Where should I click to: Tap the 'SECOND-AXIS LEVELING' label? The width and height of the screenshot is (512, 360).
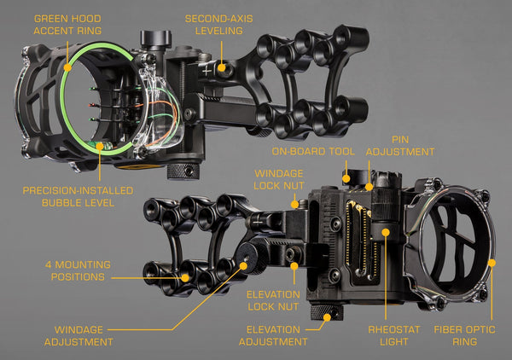[x=220, y=23]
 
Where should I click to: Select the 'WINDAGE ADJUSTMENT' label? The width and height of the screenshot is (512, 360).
[x=84, y=334]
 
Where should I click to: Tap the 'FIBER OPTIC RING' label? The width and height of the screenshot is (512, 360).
[x=476, y=334]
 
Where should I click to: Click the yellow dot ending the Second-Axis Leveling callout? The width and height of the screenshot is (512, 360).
[x=221, y=67]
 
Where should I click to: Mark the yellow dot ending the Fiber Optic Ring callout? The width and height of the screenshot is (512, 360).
[x=492, y=262]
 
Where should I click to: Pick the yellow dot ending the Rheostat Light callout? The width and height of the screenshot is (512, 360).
[x=385, y=230]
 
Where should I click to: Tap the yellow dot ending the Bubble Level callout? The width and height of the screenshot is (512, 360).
[x=101, y=145]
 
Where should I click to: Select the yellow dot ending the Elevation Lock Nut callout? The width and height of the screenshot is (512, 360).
[x=294, y=266]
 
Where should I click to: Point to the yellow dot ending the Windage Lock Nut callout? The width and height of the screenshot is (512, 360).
[x=294, y=203]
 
